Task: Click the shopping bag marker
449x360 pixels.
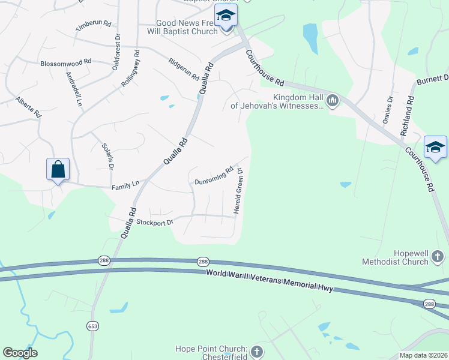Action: point(58,170)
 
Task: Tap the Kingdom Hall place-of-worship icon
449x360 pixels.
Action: point(332,100)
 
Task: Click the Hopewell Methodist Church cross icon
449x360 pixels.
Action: point(438,257)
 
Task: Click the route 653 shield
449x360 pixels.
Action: point(91,326)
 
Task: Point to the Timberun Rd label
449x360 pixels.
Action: point(94,26)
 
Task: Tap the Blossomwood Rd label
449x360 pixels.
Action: point(65,62)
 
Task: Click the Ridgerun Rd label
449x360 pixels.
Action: point(183,70)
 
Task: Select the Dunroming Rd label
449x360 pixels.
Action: point(214,176)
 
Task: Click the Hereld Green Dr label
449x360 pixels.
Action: point(239,193)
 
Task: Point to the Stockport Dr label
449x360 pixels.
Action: point(155,223)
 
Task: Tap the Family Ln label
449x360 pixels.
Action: point(125,188)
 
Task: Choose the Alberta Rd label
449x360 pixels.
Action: point(28,107)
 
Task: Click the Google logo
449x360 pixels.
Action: point(20,353)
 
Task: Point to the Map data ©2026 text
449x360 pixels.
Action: point(423,355)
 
